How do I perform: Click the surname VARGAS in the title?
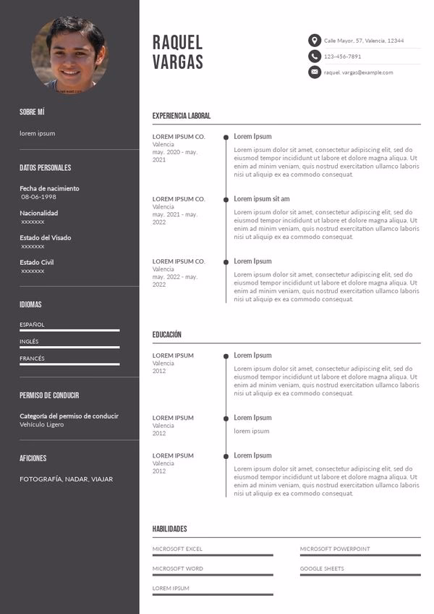pos(177,62)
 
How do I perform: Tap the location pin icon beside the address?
pos(314,41)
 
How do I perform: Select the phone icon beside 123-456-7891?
pos(314,56)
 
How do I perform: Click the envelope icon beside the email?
pos(314,72)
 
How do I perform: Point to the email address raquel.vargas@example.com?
pos(358,72)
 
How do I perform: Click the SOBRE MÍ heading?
pos(32,112)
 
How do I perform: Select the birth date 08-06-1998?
pos(38,197)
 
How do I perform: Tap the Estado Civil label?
pos(36,262)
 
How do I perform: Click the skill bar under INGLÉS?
pos(69,347)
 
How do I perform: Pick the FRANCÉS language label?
pos(32,358)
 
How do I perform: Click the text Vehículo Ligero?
pos(41,424)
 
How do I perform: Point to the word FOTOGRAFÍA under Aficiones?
pos(41,479)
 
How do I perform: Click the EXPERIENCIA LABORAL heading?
pos(182,116)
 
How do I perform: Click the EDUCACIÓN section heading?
pos(167,335)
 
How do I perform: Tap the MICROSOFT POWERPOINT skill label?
pos(334,549)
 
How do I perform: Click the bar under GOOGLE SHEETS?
pos(359,575)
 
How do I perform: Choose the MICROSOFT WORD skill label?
pos(177,568)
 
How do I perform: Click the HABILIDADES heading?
pos(169,529)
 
